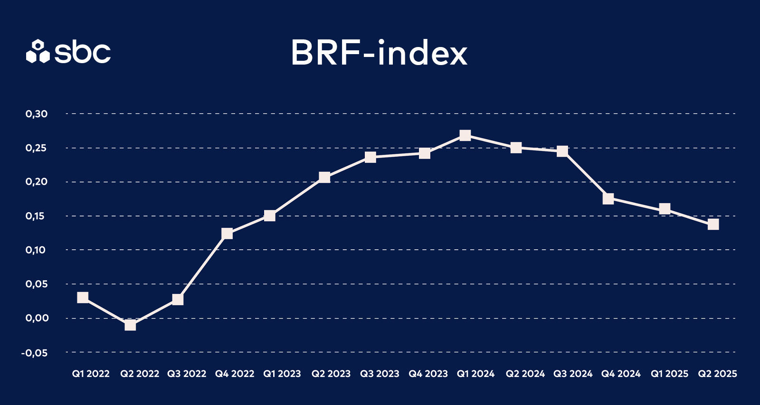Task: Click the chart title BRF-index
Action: [379, 53]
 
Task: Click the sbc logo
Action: [68, 51]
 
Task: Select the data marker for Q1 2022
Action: [83, 298]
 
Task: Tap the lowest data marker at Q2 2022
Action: [130, 325]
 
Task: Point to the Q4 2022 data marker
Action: [227, 234]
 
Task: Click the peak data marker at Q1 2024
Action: [465, 136]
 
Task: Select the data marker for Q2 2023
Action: [324, 178]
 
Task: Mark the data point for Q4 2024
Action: [608, 199]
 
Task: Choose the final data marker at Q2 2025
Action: [713, 224]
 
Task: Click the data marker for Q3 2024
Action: [562, 151]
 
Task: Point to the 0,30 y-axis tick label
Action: [37, 114]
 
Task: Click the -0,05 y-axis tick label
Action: [35, 353]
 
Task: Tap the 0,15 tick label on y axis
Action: [37, 216]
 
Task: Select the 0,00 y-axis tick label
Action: [37, 318]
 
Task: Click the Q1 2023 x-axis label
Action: [282, 374]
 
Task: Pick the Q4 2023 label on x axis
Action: [428, 374]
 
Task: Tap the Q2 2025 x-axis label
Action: [717, 374]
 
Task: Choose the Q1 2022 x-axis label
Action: [91, 374]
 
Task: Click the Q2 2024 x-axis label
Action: [525, 374]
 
